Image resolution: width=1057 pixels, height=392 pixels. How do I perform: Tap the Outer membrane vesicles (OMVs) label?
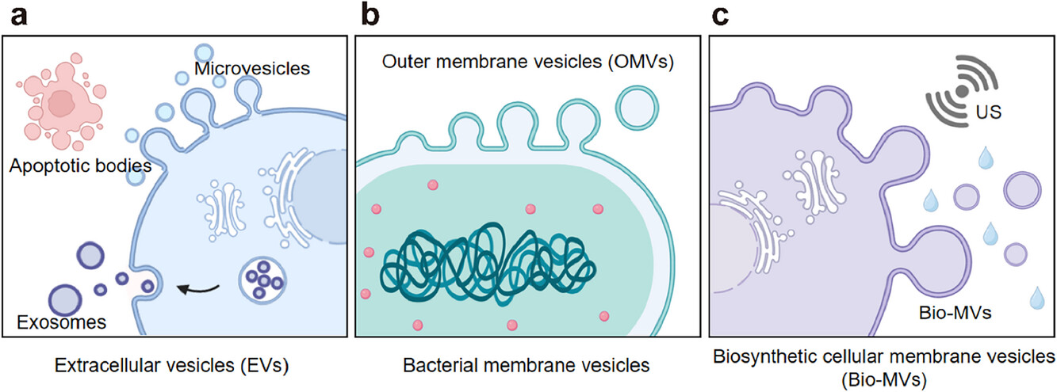527,62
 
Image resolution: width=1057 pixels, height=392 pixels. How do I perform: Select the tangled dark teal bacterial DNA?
487,266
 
